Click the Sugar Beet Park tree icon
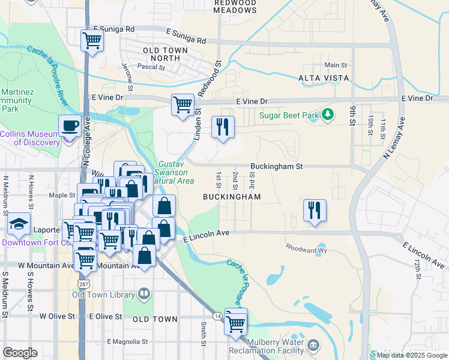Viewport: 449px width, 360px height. [327, 114]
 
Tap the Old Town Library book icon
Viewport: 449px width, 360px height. [143, 294]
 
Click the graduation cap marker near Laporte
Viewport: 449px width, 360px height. [19, 224]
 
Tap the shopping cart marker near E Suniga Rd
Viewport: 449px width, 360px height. [92, 41]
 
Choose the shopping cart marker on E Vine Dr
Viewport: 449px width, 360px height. [183, 104]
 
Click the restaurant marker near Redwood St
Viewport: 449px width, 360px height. [223, 127]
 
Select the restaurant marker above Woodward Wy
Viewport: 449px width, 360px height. [315, 211]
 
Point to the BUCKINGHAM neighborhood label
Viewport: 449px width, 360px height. [232, 197]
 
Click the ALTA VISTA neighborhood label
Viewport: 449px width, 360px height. [324, 78]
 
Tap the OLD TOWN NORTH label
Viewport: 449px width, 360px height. [161, 53]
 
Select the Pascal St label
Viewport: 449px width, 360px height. [151, 67]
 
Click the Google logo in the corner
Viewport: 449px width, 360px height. [20, 353]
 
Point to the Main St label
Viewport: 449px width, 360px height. [336, 65]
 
